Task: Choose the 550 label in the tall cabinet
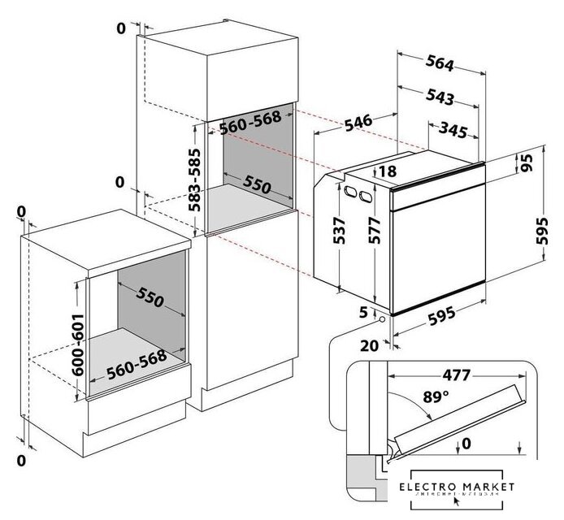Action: (257, 185)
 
